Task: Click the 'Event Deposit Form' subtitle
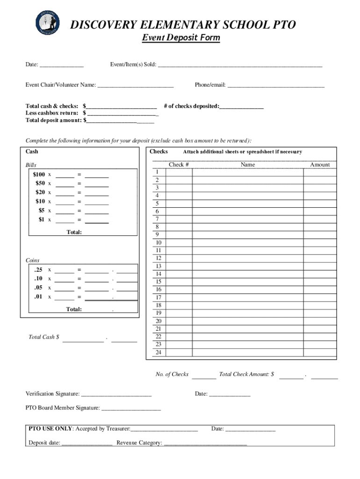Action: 181,38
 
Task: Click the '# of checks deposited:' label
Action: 191,106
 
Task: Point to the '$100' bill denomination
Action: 39,174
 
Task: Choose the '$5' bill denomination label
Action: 42,210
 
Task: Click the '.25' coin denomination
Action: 38,270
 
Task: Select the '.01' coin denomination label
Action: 38,297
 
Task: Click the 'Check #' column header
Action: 179,165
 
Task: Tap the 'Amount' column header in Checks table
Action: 320,165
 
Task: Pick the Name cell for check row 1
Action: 247,172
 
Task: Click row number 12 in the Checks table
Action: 158,258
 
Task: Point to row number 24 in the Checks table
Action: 158,352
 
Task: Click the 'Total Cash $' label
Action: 44,337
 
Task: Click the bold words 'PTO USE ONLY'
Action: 50,428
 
